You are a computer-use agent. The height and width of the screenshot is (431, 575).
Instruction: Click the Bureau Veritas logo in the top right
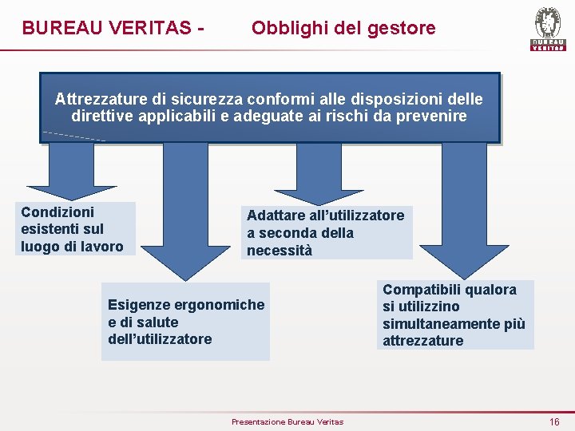[x=547, y=29]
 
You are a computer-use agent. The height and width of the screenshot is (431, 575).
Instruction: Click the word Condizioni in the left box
[x=57, y=212]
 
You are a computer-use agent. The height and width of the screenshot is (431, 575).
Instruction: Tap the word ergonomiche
[x=214, y=305]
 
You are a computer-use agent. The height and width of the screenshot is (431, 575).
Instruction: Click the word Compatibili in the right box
[x=422, y=290]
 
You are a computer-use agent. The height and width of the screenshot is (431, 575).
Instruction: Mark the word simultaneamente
[x=442, y=324]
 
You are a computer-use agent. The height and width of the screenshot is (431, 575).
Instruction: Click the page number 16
[x=554, y=421]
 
